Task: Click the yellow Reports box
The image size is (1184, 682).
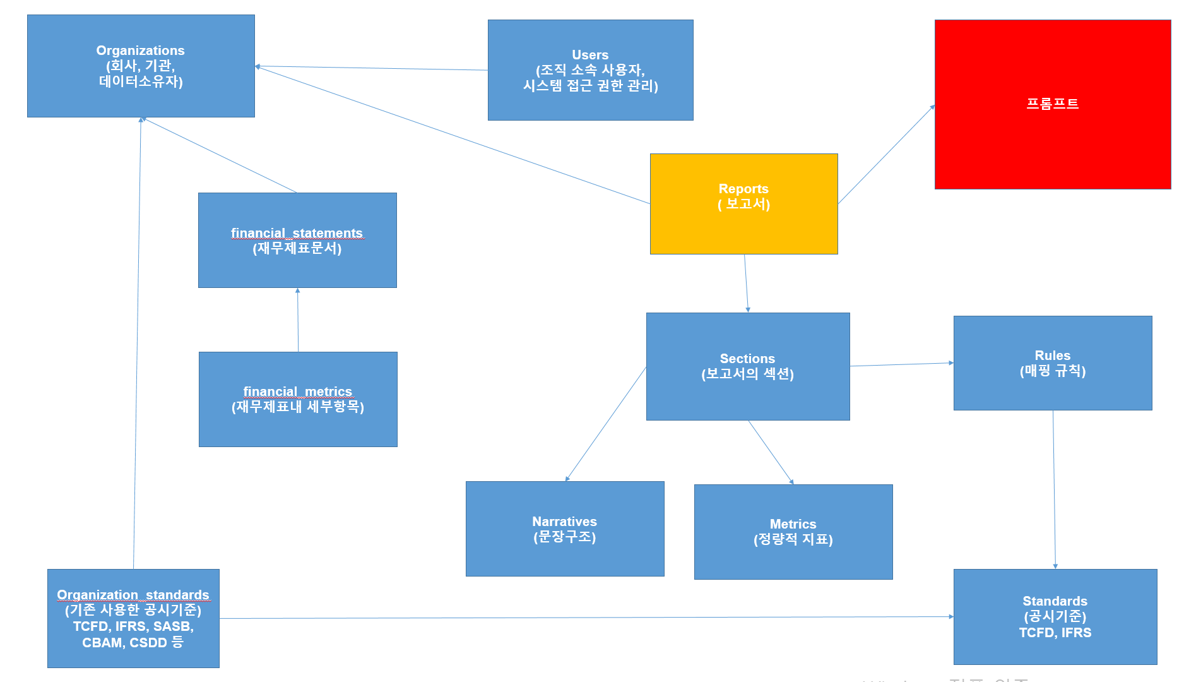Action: click(744, 204)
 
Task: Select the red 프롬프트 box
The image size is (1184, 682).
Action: click(1053, 104)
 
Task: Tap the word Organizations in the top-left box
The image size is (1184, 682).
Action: click(140, 51)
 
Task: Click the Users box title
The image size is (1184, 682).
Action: click(590, 55)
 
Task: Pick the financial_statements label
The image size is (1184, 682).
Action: click(297, 233)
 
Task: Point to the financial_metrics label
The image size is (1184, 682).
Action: click(298, 392)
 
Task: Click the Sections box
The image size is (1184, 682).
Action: click(748, 366)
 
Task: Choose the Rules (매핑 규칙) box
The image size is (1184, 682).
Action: click(1053, 363)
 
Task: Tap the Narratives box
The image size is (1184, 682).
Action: click(565, 529)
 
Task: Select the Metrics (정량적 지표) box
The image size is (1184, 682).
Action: click(793, 532)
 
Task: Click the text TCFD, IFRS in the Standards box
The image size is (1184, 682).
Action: click(1055, 633)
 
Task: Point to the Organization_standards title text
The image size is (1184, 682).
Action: click(133, 595)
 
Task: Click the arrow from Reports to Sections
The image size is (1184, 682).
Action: click(746, 284)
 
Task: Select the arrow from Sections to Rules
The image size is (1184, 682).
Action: click(902, 364)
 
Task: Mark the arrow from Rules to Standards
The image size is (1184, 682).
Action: click(1054, 489)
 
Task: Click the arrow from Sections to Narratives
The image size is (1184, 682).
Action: click(606, 424)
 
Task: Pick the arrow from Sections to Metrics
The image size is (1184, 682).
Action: click(771, 453)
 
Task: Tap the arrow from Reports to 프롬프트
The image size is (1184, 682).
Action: click(886, 154)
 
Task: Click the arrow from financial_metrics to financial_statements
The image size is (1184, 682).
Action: click(298, 320)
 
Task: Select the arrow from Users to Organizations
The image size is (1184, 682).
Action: click(371, 68)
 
